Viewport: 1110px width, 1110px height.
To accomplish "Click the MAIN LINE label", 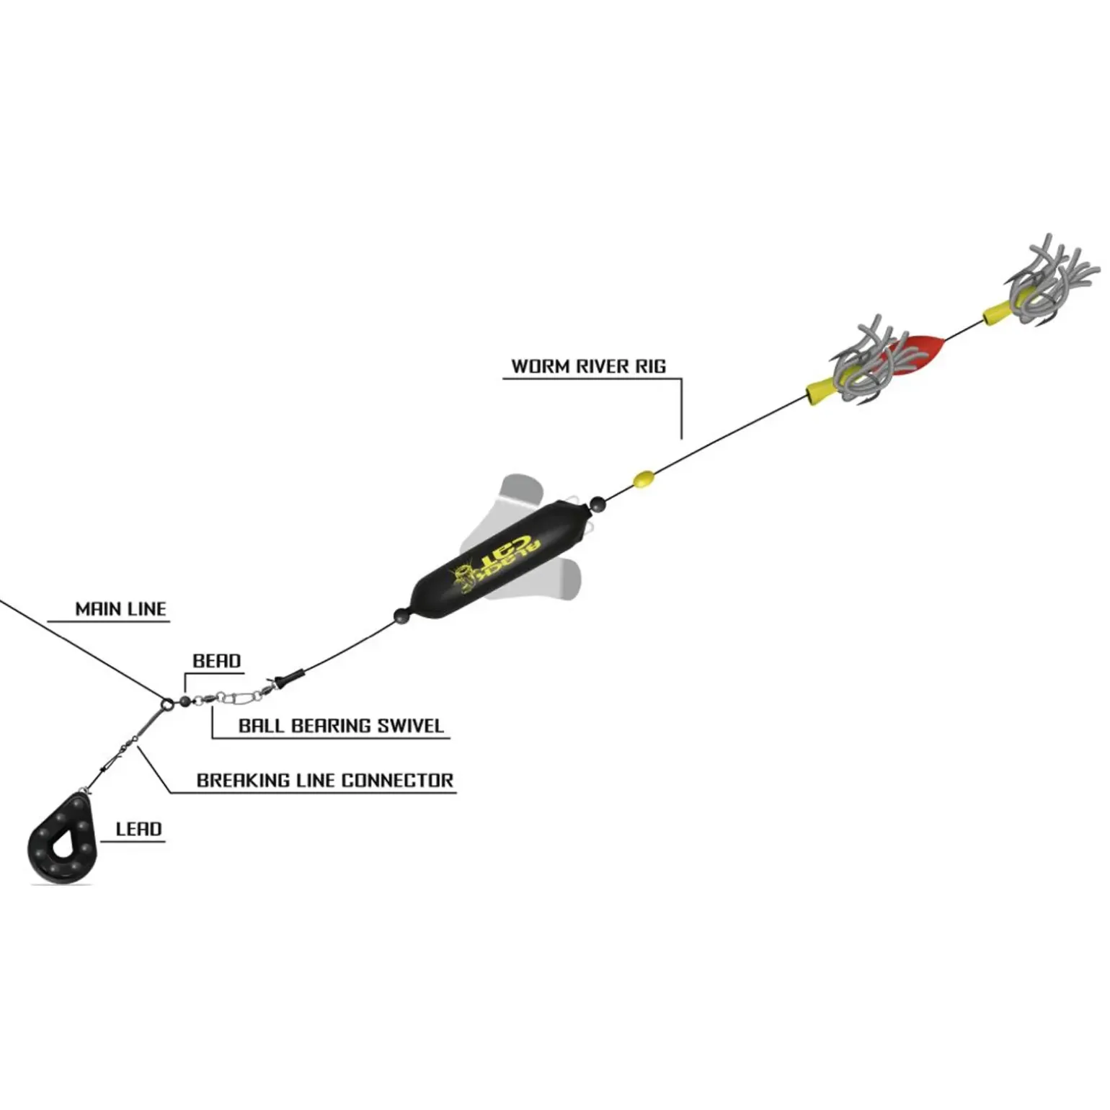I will tap(120, 609).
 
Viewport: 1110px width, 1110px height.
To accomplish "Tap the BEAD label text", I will tap(216, 661).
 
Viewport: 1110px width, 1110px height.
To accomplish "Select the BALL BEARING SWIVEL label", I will tap(340, 725).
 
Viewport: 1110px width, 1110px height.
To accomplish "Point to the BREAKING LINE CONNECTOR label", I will tap(324, 780).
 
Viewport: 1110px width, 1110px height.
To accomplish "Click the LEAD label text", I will tap(138, 829).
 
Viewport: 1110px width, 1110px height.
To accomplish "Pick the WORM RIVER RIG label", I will tap(588, 366).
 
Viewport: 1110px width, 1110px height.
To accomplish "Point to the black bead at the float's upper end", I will tap(598, 504).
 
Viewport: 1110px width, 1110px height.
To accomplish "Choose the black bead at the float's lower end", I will tap(401, 616).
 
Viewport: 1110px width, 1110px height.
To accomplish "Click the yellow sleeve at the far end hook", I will tap(995, 311).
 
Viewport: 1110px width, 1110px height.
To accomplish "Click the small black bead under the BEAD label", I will tap(185, 701).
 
